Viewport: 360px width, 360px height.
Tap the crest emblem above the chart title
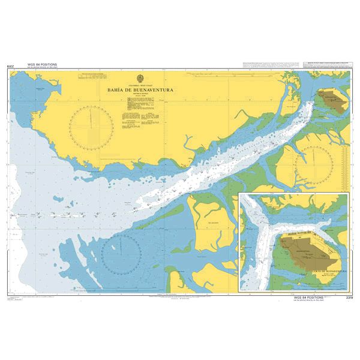pos(141,77)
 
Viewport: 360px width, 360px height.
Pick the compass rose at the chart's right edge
pos(314,163)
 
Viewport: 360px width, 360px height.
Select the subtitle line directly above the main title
pos(141,85)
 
